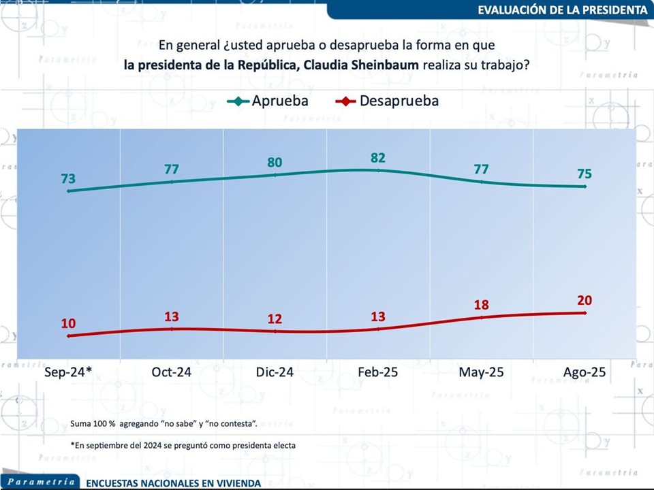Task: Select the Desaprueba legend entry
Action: (388, 101)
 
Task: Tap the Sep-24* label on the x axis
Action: (68, 372)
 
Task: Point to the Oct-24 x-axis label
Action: (172, 372)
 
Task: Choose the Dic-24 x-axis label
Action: (275, 372)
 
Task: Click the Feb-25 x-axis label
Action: (379, 372)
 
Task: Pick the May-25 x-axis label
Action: (482, 372)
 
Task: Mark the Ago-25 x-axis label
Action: (584, 372)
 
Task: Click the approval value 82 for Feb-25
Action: (378, 158)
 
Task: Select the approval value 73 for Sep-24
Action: (67, 179)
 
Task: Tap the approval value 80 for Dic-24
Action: (275, 163)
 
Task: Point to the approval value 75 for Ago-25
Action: (584, 174)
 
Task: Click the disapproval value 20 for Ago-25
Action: (584, 300)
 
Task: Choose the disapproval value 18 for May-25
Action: (481, 304)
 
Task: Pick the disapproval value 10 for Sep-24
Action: (67, 323)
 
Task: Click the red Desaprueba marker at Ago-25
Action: (585, 313)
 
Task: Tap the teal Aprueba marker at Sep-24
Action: (68, 191)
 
